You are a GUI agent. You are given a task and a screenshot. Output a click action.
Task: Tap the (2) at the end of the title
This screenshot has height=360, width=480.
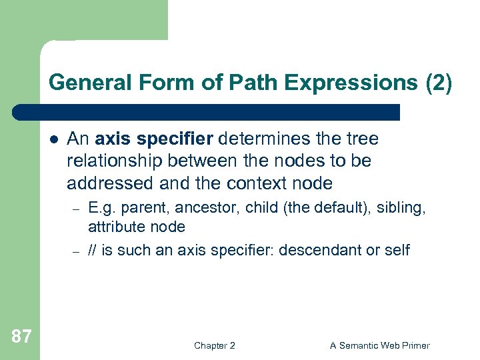(438, 83)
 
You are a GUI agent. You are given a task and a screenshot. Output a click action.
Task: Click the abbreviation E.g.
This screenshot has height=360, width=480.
(101, 208)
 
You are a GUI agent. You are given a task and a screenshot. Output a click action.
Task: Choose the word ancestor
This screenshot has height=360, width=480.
(206, 208)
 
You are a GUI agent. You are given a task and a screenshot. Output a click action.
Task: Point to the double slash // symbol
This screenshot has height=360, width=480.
(93, 251)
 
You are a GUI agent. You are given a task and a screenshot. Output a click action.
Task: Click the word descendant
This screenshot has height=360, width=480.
(321, 251)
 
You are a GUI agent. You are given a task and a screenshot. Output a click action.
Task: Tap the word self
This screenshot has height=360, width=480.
(397, 251)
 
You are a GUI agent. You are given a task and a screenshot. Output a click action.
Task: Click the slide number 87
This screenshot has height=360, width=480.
(21, 336)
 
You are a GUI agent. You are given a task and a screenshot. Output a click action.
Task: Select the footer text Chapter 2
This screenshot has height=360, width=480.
(214, 345)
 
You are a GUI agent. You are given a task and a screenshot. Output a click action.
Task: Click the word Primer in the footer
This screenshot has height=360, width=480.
(415, 345)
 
